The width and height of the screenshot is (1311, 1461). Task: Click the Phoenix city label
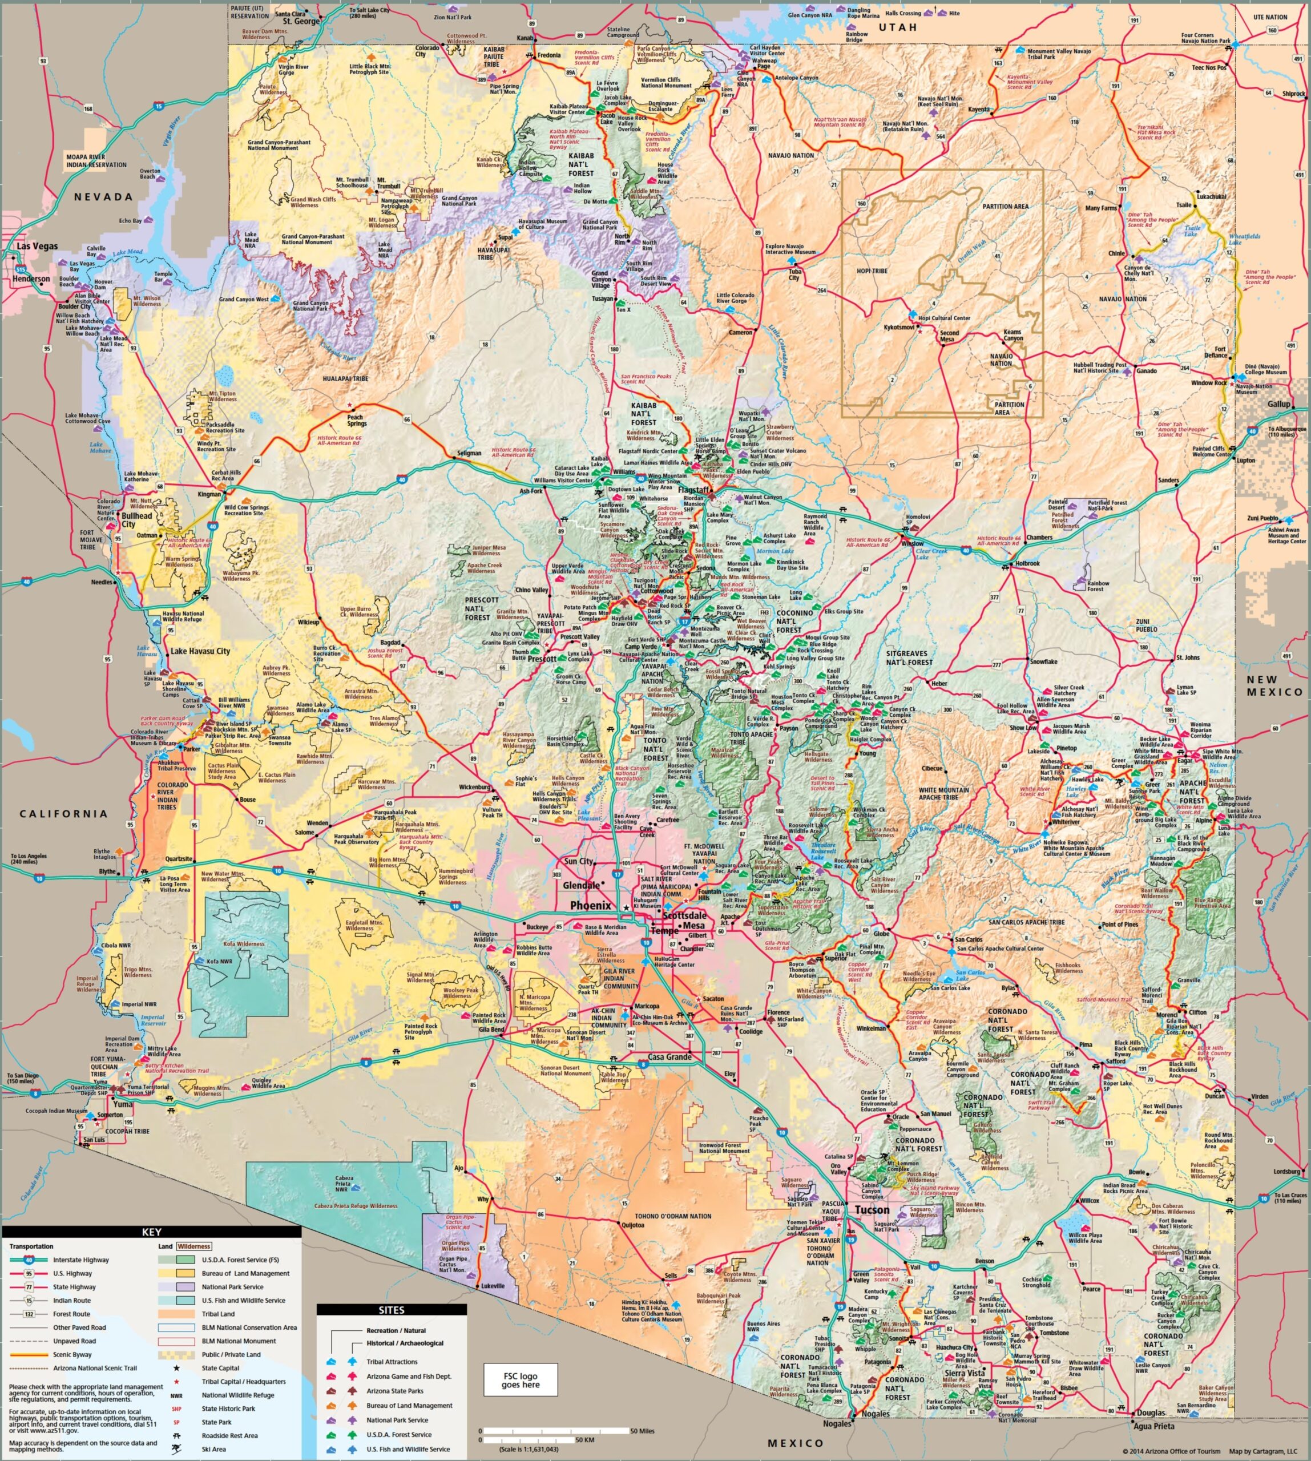(590, 906)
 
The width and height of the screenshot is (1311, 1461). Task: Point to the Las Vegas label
(38, 247)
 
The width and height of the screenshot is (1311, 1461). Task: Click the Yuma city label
(123, 1104)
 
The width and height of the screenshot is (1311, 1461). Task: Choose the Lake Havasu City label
(200, 651)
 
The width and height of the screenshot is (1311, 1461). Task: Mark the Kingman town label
(209, 495)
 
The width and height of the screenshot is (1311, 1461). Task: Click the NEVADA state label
(104, 197)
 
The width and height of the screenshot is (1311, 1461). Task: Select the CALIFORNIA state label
(63, 814)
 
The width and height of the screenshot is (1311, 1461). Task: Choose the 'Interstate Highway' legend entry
(80, 1260)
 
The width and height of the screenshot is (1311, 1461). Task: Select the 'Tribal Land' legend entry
(217, 1314)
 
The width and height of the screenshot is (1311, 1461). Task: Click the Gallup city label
(1278, 404)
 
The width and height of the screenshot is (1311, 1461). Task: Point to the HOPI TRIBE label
(872, 271)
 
